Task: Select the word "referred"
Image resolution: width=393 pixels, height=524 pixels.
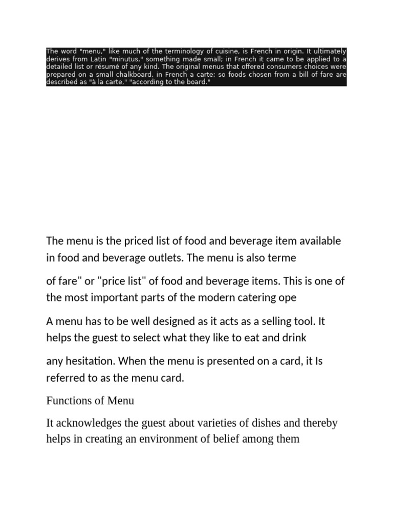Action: pyautogui.click(x=64, y=379)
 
